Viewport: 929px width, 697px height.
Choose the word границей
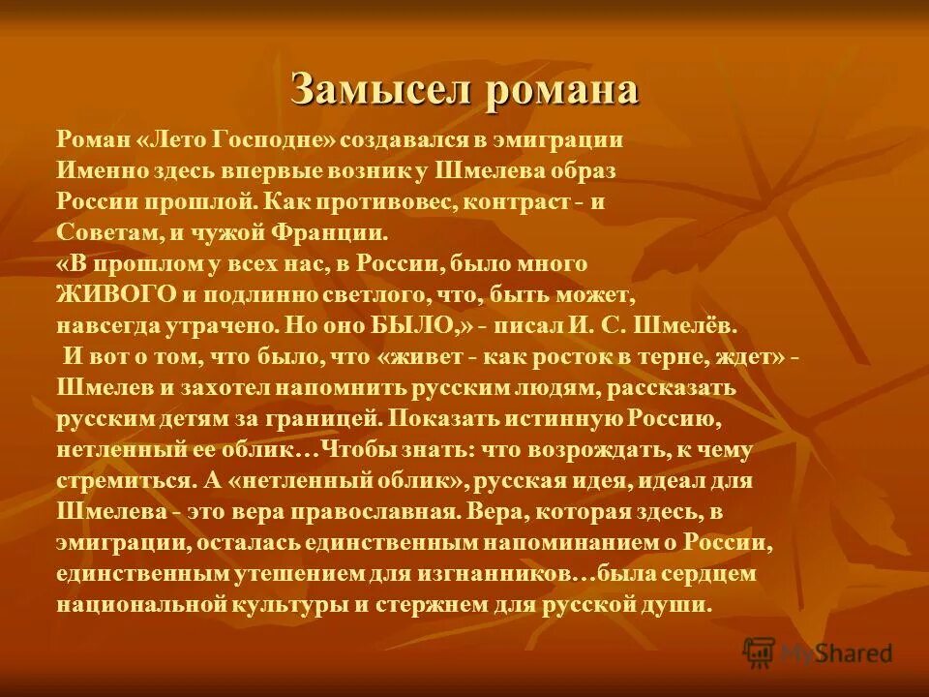point(315,419)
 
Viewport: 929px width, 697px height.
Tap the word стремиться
point(111,481)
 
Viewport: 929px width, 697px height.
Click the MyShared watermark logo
point(817,652)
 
